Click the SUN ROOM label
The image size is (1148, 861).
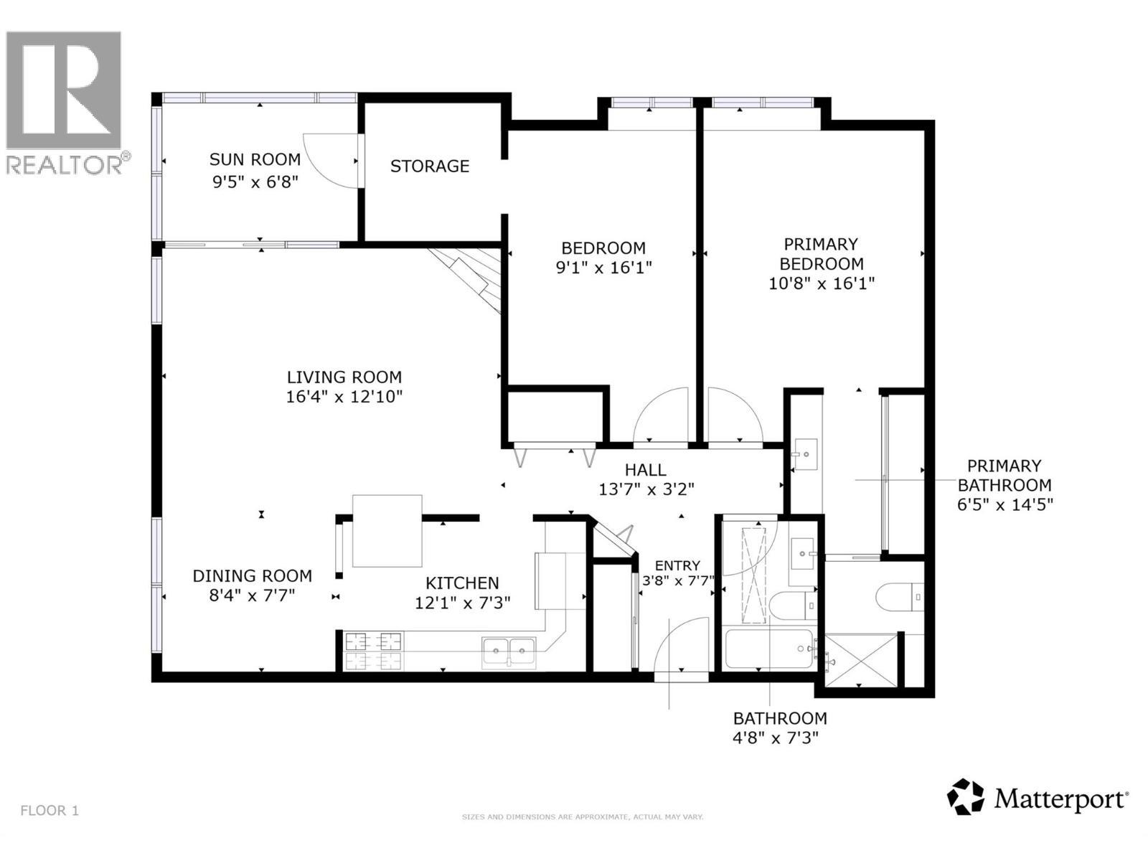(x=255, y=159)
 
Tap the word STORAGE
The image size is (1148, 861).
(x=430, y=166)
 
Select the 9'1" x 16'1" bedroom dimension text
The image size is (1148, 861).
(x=603, y=268)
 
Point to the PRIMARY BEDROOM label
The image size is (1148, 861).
(x=822, y=254)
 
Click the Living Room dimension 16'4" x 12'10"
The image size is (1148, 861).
(x=344, y=396)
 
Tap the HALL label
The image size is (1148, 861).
(x=645, y=470)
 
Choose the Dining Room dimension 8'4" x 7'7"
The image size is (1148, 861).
(x=252, y=595)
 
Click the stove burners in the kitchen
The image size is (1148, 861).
(x=373, y=650)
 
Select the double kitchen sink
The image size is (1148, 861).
(x=509, y=651)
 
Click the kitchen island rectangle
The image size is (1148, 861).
(x=387, y=531)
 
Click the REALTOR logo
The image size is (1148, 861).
(x=65, y=100)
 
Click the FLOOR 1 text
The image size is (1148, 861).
(x=50, y=811)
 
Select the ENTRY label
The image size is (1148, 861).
(x=677, y=565)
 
